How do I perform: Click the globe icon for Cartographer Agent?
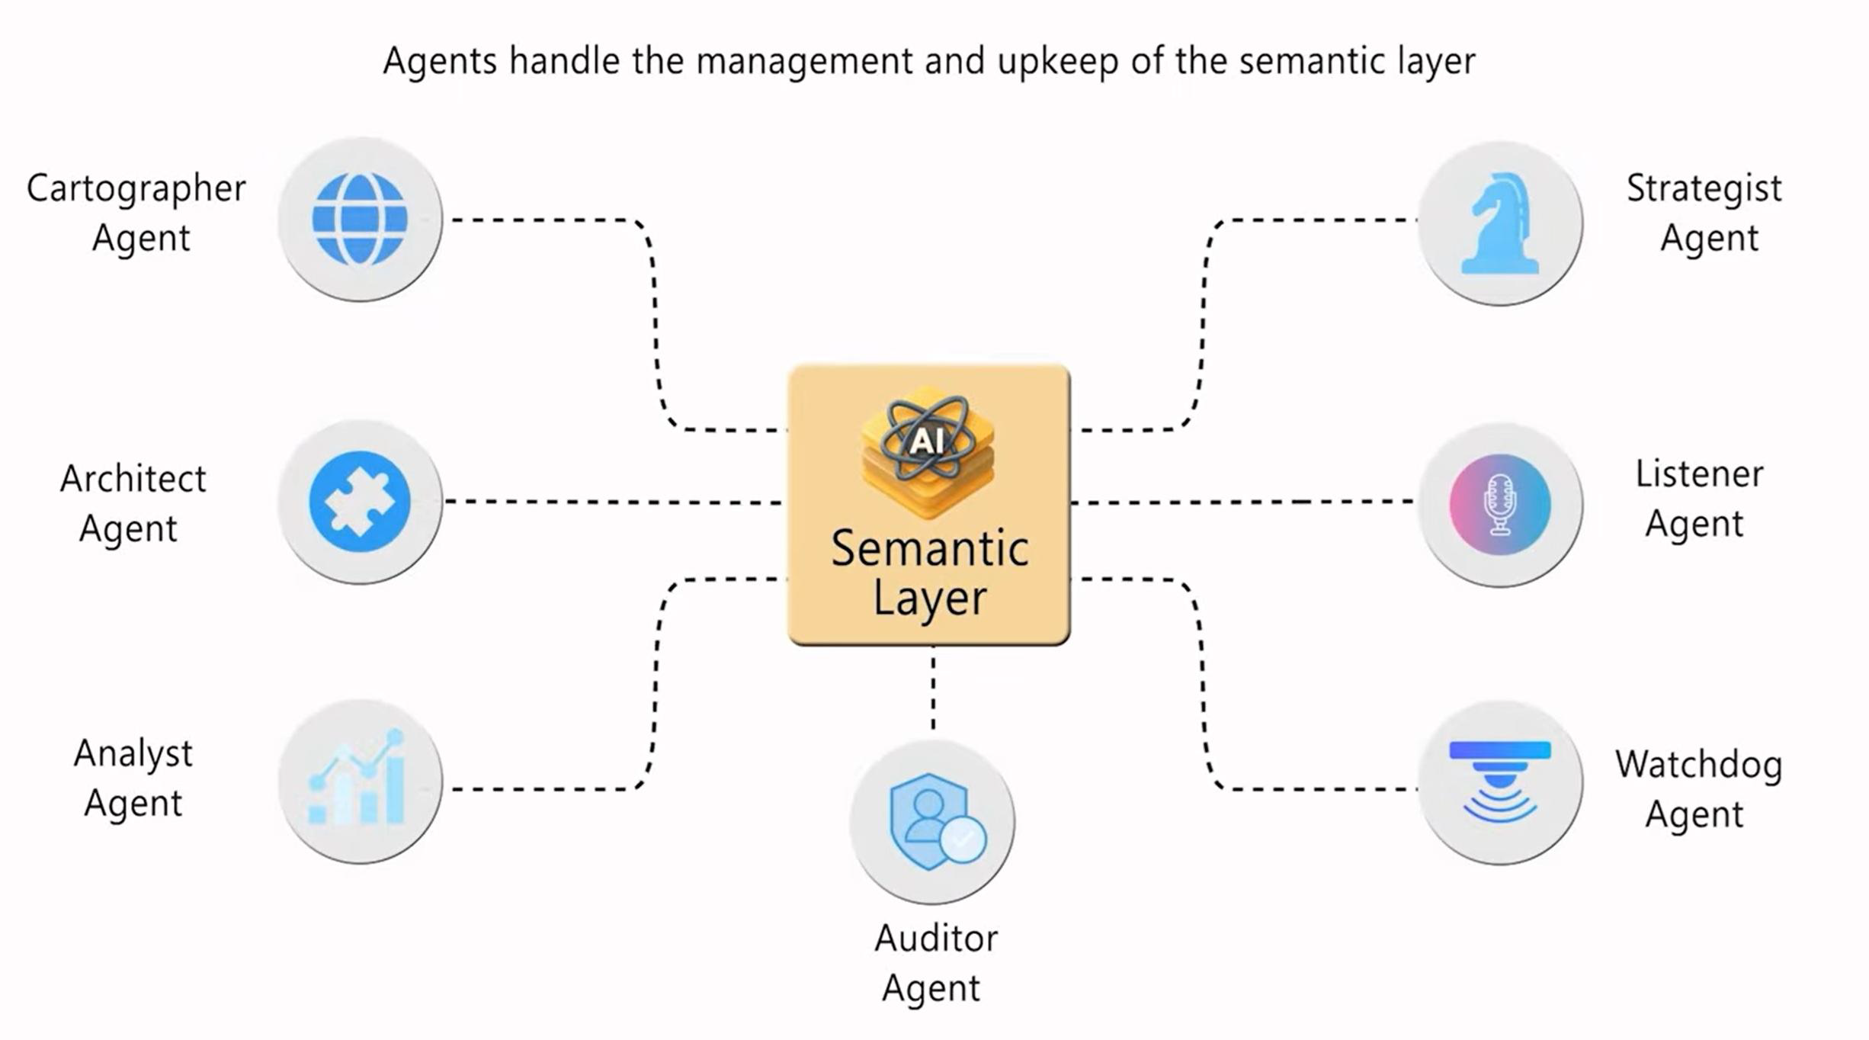360,219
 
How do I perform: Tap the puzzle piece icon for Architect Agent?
360,501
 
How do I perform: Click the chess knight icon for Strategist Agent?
1499,223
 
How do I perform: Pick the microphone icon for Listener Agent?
1499,504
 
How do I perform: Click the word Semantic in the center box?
929,549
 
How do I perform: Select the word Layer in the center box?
929,599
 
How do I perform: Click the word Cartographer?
136,189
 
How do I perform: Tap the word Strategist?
1704,189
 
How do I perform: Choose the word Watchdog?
1698,765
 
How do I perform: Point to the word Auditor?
935,939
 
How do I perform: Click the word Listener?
1698,474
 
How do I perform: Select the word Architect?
133,480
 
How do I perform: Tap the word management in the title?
804,62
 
